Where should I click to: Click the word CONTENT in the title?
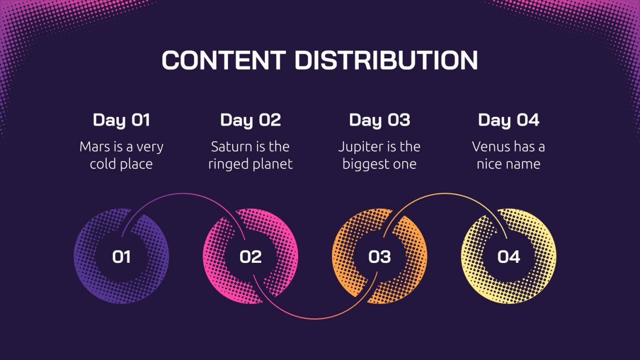[x=224, y=60]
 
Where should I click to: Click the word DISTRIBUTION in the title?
[x=386, y=60]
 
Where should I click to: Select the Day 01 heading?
[x=121, y=120]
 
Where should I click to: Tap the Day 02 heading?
[x=251, y=120]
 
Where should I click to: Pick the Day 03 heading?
[x=379, y=120]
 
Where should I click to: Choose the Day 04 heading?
[x=509, y=120]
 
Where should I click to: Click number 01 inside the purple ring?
[x=121, y=257]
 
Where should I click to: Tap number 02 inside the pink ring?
[x=251, y=257]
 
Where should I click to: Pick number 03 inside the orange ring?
[x=379, y=257]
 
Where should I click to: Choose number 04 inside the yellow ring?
[x=509, y=257]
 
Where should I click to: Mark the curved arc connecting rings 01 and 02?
[x=184, y=193]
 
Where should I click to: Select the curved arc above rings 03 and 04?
[x=443, y=193]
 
